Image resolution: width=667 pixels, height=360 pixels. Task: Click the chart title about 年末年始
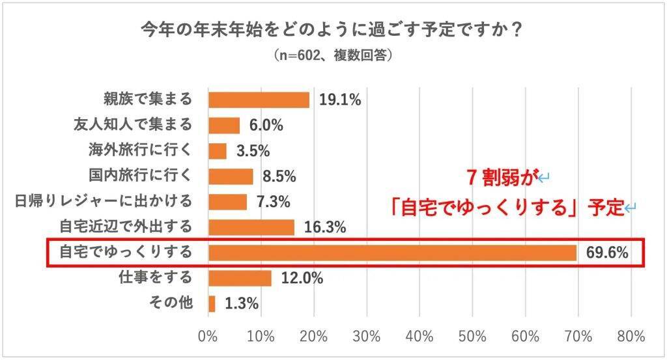[x=333, y=31]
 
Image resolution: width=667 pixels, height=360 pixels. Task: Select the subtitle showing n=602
[x=333, y=57]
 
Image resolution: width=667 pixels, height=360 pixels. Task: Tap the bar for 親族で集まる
[x=259, y=100]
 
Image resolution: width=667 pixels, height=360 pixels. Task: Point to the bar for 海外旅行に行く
[x=218, y=150]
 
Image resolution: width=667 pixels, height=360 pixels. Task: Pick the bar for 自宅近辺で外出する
[x=251, y=227]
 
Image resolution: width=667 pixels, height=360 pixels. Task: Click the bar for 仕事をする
[x=240, y=278]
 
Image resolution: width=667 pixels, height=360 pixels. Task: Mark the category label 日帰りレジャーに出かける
[x=104, y=202]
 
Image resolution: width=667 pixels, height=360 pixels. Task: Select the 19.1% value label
[x=340, y=100]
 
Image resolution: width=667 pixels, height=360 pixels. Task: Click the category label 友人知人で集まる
[x=134, y=125]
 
